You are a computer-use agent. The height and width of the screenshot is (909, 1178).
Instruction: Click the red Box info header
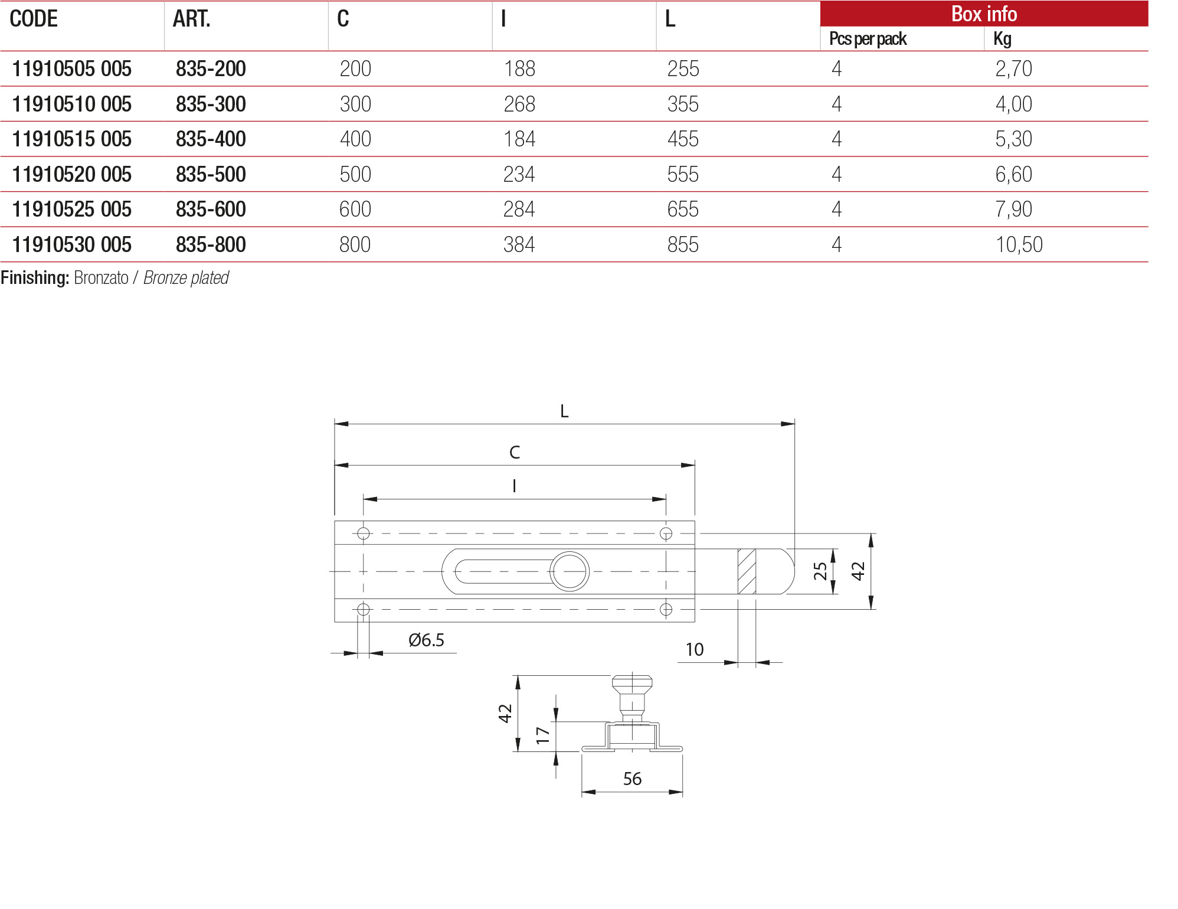coord(983,14)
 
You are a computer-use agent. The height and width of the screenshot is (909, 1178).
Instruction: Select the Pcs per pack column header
coord(867,39)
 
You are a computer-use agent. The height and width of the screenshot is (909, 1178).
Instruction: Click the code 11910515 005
coord(71,139)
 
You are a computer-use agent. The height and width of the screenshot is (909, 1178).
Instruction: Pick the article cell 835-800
coord(211,244)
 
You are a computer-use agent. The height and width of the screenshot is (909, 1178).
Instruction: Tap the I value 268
coord(519,104)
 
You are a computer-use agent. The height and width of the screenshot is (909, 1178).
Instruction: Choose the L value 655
coord(683,210)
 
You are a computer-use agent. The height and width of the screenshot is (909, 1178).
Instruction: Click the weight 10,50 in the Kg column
coord(1019,244)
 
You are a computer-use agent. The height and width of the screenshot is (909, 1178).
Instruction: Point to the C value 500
coord(355,175)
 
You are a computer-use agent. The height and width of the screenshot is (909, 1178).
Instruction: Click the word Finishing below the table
coord(35,278)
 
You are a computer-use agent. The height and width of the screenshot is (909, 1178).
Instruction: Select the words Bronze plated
coord(186,278)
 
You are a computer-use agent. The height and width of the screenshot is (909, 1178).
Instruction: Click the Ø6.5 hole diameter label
coord(426,640)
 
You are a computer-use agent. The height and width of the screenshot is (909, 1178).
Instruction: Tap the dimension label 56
coord(632,779)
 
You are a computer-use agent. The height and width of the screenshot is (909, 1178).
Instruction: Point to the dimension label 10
coord(695,650)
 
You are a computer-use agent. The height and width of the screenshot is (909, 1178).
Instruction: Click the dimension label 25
coord(820,571)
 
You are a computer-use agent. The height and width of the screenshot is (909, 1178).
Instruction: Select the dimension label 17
coord(543,735)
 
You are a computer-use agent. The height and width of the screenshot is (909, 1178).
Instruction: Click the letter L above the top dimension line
coord(564,411)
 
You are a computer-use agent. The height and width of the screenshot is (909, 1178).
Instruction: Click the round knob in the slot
coord(570,571)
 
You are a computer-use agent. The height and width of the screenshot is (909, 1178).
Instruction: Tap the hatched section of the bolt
coord(747,571)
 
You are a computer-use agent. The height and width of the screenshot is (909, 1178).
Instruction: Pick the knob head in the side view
coord(632,685)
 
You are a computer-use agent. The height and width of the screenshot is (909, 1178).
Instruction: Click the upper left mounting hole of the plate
coord(364,534)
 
